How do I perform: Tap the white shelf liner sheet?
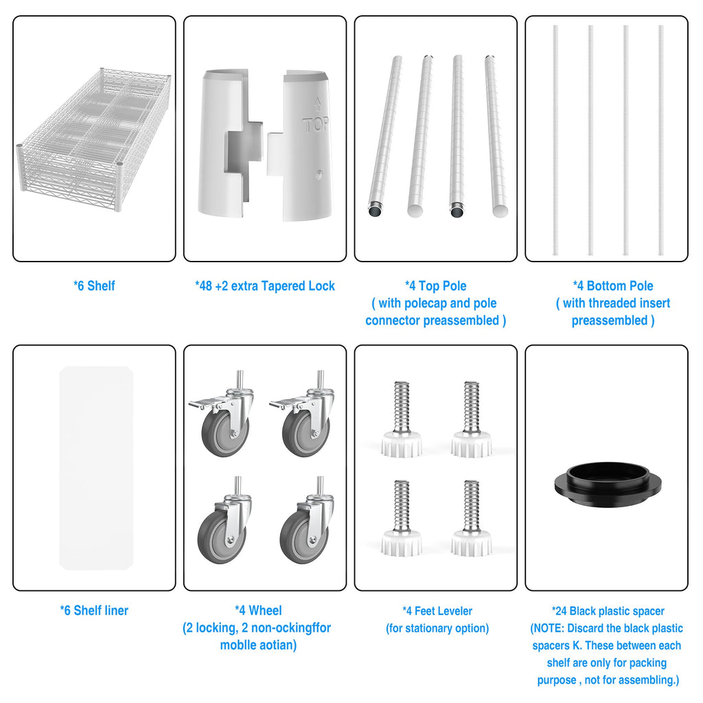pos(96,468)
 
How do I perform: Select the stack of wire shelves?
pos(93,139)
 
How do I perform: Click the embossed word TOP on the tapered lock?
pos(316,124)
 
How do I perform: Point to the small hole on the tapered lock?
pos(319,174)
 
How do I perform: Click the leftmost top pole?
pos(384,136)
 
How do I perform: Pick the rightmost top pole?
pos(496,136)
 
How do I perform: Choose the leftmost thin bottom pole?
pos(555,140)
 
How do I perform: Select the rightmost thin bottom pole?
pos(661,140)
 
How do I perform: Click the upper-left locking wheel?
pos(221,414)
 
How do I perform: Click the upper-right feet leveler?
pos(471,419)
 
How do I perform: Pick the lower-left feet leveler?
pos(401,518)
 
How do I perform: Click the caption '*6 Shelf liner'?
pos(94,610)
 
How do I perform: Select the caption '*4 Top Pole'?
pos(436,286)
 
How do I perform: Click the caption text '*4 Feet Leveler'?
pos(437,610)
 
